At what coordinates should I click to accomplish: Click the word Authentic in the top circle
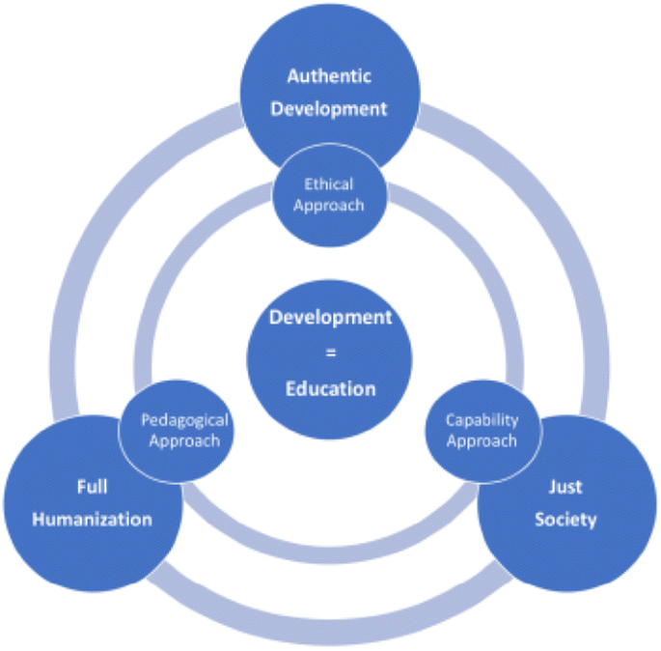(x=329, y=75)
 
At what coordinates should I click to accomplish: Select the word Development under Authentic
(x=329, y=108)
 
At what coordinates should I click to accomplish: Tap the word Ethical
(x=329, y=184)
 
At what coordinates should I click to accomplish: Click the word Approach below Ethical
(x=329, y=205)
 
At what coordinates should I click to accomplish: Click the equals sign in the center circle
(x=330, y=354)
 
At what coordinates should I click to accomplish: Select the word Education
(x=330, y=389)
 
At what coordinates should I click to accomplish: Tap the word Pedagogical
(x=184, y=420)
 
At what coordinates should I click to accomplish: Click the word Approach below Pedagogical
(x=184, y=441)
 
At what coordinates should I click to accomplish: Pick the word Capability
(x=482, y=420)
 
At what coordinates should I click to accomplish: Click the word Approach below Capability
(x=482, y=441)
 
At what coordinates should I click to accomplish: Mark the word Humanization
(x=92, y=520)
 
